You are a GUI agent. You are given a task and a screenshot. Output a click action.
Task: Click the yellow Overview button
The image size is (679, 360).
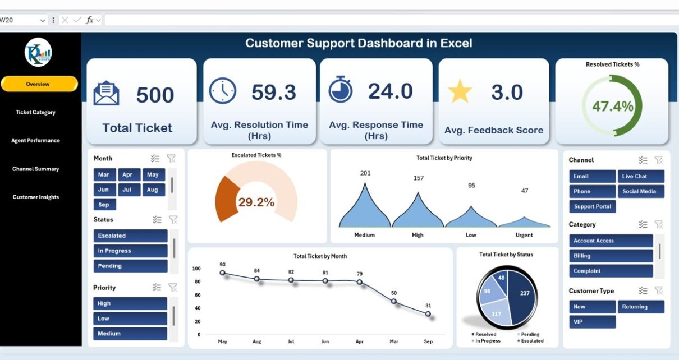39,84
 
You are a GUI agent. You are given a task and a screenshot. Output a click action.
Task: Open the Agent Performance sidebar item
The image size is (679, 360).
35,141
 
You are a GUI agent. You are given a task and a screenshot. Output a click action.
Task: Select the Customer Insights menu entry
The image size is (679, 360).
36,197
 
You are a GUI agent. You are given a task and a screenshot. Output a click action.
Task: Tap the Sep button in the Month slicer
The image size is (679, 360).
104,205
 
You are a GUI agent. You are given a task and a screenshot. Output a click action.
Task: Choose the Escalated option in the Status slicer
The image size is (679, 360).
130,236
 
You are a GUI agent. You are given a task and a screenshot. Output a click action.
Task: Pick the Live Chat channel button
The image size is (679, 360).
641,176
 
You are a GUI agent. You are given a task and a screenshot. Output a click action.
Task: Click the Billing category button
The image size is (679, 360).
611,256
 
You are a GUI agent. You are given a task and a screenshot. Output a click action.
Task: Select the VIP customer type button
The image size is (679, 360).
592,322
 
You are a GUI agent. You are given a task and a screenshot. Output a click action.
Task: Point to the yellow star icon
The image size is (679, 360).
460,91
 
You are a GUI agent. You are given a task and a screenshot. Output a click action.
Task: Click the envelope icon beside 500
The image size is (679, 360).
106,94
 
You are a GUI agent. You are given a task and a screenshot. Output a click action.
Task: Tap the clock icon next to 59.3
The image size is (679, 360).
222,91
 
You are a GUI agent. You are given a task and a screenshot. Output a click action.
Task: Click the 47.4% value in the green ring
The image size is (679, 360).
612,106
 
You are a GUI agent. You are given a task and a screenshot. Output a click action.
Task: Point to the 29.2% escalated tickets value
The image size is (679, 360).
256,202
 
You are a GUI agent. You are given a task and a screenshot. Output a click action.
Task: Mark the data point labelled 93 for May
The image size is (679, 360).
222,273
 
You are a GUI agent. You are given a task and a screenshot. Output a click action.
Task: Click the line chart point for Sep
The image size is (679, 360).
428,314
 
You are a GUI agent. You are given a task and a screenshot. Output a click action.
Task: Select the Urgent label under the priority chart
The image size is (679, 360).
524,235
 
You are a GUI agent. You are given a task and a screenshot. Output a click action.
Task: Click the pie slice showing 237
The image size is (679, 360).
524,294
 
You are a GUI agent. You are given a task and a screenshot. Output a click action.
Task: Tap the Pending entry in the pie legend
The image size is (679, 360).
530,334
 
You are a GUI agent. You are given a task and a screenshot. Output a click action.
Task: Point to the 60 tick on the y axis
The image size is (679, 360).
196,295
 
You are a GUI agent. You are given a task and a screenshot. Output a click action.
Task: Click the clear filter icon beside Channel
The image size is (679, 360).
659,160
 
